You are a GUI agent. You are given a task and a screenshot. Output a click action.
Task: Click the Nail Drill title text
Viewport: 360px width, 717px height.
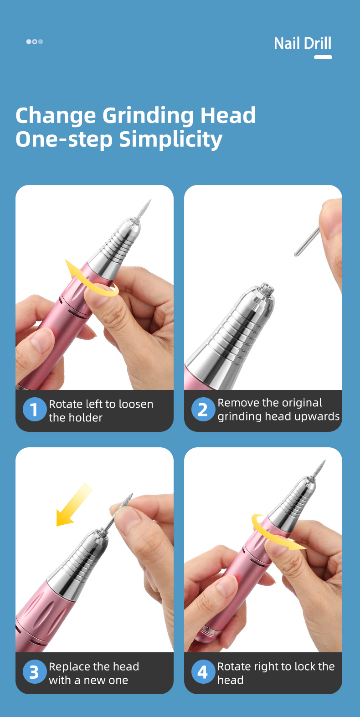303,44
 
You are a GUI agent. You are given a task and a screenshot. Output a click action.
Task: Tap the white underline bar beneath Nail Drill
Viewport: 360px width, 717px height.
323,57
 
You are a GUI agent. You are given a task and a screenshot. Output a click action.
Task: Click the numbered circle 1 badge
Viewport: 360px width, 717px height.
35,410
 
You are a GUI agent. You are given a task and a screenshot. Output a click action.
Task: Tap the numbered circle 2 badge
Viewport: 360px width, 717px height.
203,410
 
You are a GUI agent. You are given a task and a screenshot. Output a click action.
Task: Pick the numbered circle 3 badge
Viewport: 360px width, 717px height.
35,672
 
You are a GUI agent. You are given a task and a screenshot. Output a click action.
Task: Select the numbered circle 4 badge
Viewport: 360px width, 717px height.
203,672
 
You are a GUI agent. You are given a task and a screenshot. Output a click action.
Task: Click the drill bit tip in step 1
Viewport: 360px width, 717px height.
150,200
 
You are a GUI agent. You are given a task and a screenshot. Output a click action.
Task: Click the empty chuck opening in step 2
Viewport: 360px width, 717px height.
267,288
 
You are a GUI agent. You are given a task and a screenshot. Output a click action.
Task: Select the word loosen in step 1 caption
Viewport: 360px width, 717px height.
136,404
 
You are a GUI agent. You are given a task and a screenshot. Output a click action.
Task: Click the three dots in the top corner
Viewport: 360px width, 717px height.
35,41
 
